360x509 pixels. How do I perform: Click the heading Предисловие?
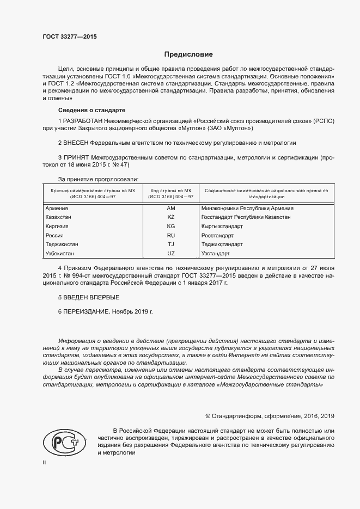click(x=189, y=54)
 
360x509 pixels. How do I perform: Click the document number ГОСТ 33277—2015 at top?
click(x=69, y=37)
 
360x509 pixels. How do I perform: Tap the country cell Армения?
click(x=57, y=208)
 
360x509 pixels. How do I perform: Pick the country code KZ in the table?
click(x=171, y=217)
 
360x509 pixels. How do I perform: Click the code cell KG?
click(x=171, y=226)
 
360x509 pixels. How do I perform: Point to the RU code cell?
click(x=171, y=236)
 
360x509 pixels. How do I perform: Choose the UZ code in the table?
click(x=171, y=254)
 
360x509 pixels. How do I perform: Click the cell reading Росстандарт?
click(x=217, y=236)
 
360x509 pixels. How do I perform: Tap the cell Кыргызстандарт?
click(x=222, y=226)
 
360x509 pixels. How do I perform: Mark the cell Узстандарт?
click(x=216, y=254)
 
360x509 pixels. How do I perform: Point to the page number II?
click(x=45, y=462)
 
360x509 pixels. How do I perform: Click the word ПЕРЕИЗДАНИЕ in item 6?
click(x=86, y=312)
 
